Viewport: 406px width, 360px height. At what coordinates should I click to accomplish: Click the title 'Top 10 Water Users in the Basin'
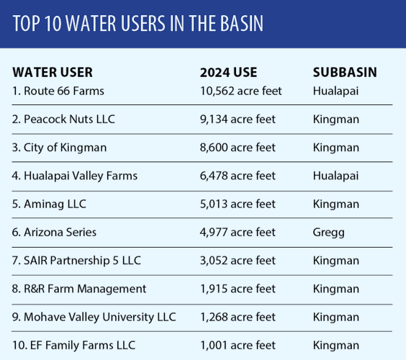[138, 24]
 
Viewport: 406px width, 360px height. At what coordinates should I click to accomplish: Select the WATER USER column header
[53, 73]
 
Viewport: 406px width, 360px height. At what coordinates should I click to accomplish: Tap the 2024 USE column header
[228, 73]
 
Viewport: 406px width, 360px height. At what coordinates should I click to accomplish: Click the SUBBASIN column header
[345, 73]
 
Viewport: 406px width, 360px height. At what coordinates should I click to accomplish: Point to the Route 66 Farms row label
[58, 91]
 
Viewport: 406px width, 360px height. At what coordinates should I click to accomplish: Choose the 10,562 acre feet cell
[240, 91]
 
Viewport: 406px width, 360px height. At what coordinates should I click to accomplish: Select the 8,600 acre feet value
[238, 148]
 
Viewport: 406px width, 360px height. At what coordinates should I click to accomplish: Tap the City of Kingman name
[60, 148]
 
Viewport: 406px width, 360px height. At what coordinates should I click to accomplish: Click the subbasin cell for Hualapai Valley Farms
[335, 176]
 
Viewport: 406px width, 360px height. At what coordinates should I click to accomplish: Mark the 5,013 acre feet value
[238, 204]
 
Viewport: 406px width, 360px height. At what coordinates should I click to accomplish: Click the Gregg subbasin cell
[329, 232]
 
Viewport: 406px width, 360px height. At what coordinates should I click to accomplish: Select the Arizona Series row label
[55, 232]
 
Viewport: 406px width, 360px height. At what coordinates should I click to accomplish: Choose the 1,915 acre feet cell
[238, 289]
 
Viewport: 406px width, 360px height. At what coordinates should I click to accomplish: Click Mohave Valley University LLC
[94, 317]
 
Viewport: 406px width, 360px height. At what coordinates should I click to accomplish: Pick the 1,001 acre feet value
[238, 345]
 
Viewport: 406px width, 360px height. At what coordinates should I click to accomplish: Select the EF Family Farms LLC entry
[74, 345]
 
